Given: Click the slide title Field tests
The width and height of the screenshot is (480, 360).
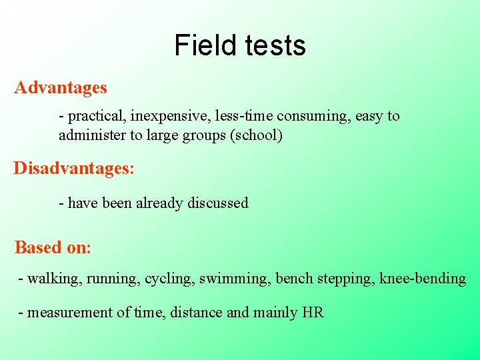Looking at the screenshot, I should coord(240,45).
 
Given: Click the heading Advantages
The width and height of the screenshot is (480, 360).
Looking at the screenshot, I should coord(61,87).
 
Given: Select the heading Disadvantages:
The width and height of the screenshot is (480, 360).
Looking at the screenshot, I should coord(74,167).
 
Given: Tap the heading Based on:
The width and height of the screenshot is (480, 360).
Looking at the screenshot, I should coord(53,247).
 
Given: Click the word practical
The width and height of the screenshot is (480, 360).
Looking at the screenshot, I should coord(93,117).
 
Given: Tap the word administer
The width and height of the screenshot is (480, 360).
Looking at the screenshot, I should coord(92,135).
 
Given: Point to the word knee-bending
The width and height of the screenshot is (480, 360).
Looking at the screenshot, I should coord(423,279).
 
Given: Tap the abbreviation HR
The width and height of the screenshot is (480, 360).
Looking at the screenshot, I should coord(313,312).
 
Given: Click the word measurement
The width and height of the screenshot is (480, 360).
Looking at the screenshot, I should coord(69,312).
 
